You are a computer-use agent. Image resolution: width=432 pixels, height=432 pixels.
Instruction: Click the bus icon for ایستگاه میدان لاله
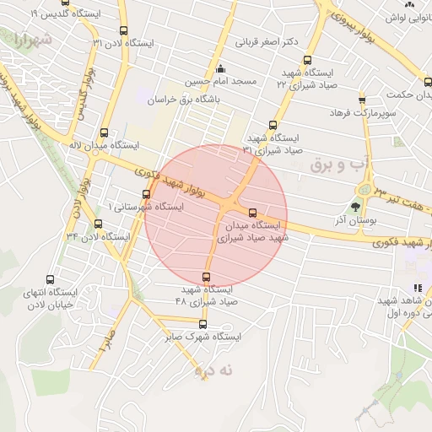[104, 132]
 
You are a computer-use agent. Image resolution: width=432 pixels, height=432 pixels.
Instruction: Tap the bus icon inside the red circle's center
[252, 212]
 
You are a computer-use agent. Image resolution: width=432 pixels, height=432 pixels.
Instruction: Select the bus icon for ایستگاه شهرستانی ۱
[146, 195]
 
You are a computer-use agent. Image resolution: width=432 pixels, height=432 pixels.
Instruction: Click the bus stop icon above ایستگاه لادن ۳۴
[99, 224]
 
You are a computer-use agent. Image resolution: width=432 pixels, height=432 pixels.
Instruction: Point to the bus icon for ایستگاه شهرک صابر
[202, 324]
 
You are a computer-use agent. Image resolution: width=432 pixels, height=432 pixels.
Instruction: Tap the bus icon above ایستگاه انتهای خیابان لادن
[51, 280]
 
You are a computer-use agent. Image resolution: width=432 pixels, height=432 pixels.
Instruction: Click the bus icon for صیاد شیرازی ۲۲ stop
[307, 61]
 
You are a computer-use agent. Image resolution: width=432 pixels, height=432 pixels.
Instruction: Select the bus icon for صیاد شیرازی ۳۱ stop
[272, 125]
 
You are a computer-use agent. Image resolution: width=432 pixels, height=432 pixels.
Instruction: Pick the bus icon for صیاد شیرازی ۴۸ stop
[207, 277]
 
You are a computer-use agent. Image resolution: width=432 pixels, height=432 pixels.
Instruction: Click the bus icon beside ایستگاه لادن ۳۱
[124, 30]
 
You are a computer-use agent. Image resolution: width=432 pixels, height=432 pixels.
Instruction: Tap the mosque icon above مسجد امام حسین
[221, 69]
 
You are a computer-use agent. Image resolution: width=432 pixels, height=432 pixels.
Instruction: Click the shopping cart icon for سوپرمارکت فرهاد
[363, 100]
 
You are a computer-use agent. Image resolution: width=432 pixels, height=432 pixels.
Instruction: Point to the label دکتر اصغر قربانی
[268, 41]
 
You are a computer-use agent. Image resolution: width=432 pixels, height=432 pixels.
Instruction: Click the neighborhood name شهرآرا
[32, 40]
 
